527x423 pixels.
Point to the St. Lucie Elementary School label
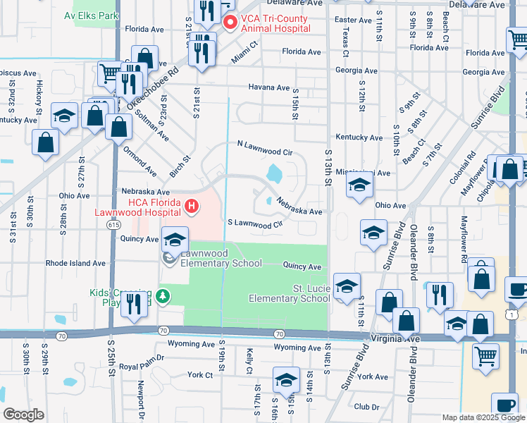[290, 293]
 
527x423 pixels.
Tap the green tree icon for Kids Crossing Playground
[163, 295]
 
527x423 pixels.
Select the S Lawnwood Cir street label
[254, 223]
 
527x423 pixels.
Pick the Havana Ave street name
[268, 87]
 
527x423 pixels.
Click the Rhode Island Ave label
[75, 263]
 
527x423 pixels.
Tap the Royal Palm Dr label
[141, 367]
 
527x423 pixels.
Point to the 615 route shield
[114, 223]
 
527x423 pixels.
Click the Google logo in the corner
[23, 415]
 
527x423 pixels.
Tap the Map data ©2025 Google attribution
[483, 417]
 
